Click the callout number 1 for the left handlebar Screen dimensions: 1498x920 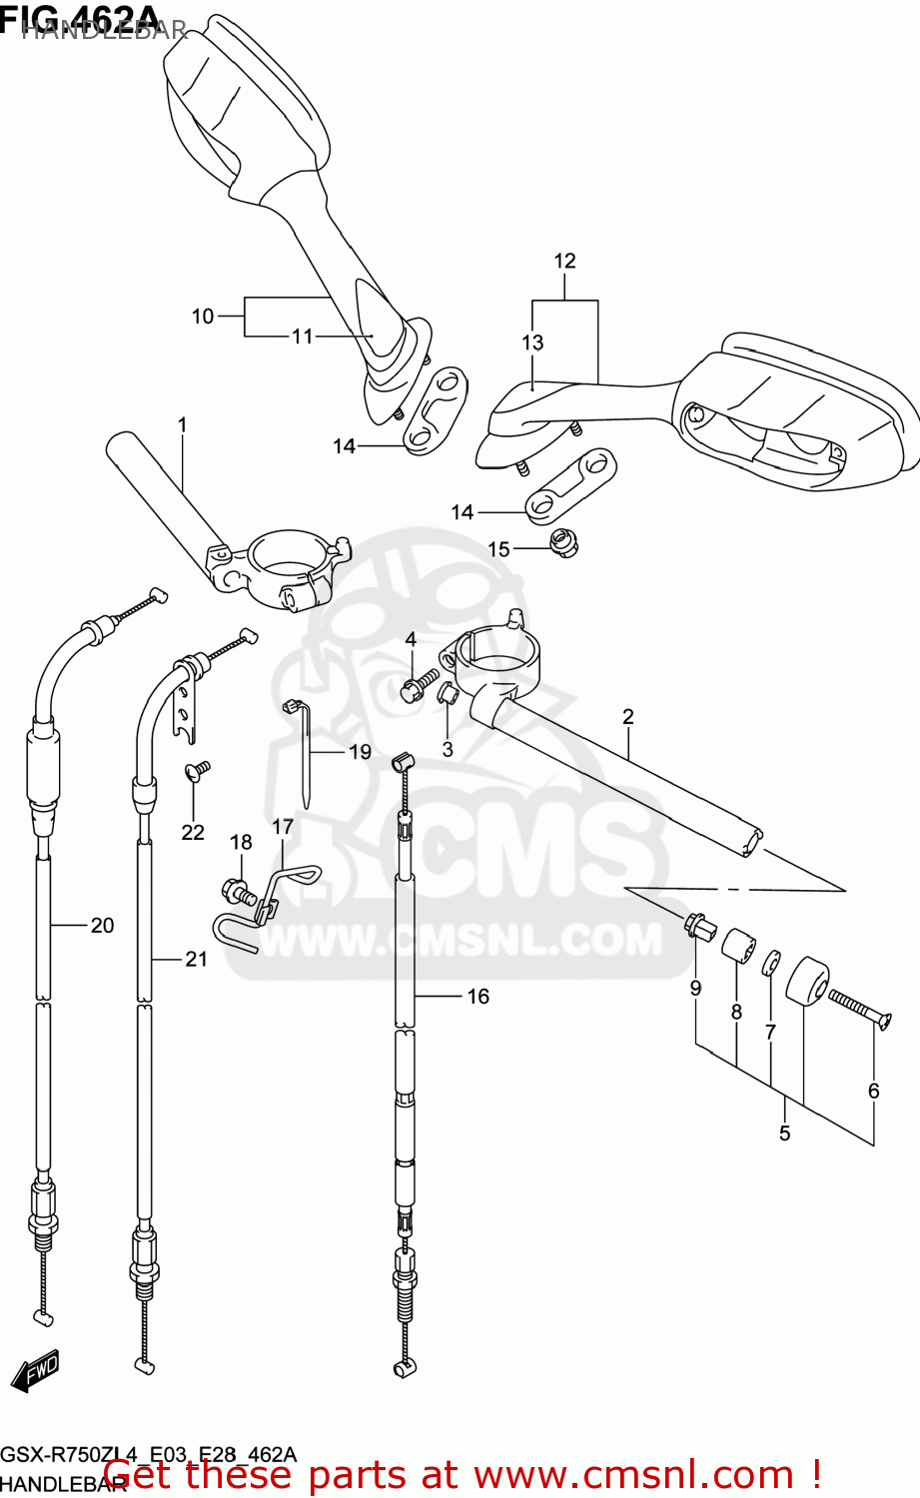coord(182,425)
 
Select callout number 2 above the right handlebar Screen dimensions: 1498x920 coord(628,716)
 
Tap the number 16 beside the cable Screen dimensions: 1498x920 coord(478,996)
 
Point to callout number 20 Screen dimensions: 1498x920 coord(103,926)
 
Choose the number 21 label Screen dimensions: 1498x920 coord(196,959)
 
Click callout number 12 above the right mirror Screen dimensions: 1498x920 coord(564,261)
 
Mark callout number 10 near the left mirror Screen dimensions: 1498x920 coord(203,317)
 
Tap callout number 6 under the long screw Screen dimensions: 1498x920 coord(873,1091)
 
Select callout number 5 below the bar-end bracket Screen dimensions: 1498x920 coord(784,1132)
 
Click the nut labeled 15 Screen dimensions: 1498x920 coord(564,544)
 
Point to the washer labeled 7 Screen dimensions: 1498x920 coord(771,965)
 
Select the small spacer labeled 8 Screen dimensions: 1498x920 coord(738,947)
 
